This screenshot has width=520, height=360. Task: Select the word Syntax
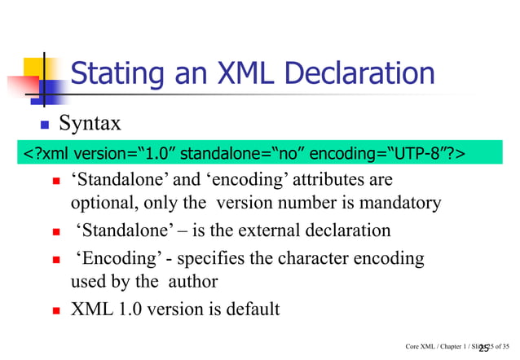95,124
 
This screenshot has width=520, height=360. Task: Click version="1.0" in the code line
121,154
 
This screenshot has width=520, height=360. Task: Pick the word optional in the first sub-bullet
99,202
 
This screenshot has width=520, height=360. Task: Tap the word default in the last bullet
251,310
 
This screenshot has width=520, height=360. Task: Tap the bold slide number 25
484,348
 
